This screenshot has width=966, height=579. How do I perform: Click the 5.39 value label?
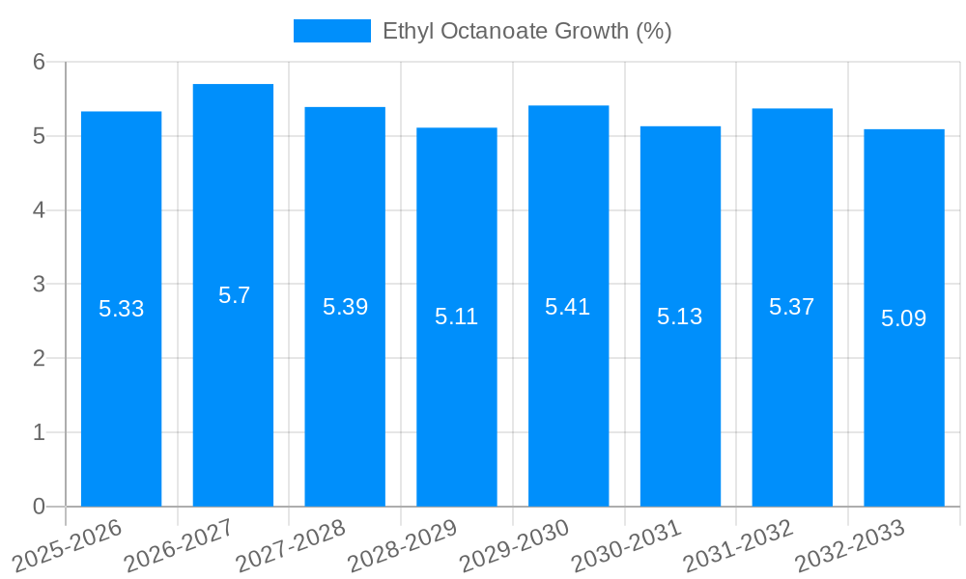(x=345, y=307)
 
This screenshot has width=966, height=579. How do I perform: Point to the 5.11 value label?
(x=456, y=317)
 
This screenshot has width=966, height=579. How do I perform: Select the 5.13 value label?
(x=679, y=317)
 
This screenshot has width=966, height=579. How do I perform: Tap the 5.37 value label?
(x=791, y=307)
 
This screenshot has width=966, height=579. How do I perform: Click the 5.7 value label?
(x=234, y=295)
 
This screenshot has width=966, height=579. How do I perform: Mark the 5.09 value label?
(x=903, y=318)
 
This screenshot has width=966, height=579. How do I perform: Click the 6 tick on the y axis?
(x=39, y=62)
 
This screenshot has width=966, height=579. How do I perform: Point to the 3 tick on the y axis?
(x=39, y=285)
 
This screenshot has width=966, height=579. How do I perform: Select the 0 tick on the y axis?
(x=39, y=507)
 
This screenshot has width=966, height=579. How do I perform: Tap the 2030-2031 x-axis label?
(x=627, y=546)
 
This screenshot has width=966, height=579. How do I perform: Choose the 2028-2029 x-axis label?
(x=403, y=546)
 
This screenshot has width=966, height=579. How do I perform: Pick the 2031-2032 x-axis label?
(x=738, y=546)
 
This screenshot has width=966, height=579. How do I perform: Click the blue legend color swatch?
(x=331, y=31)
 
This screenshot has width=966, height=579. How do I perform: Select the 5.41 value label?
(x=567, y=307)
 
